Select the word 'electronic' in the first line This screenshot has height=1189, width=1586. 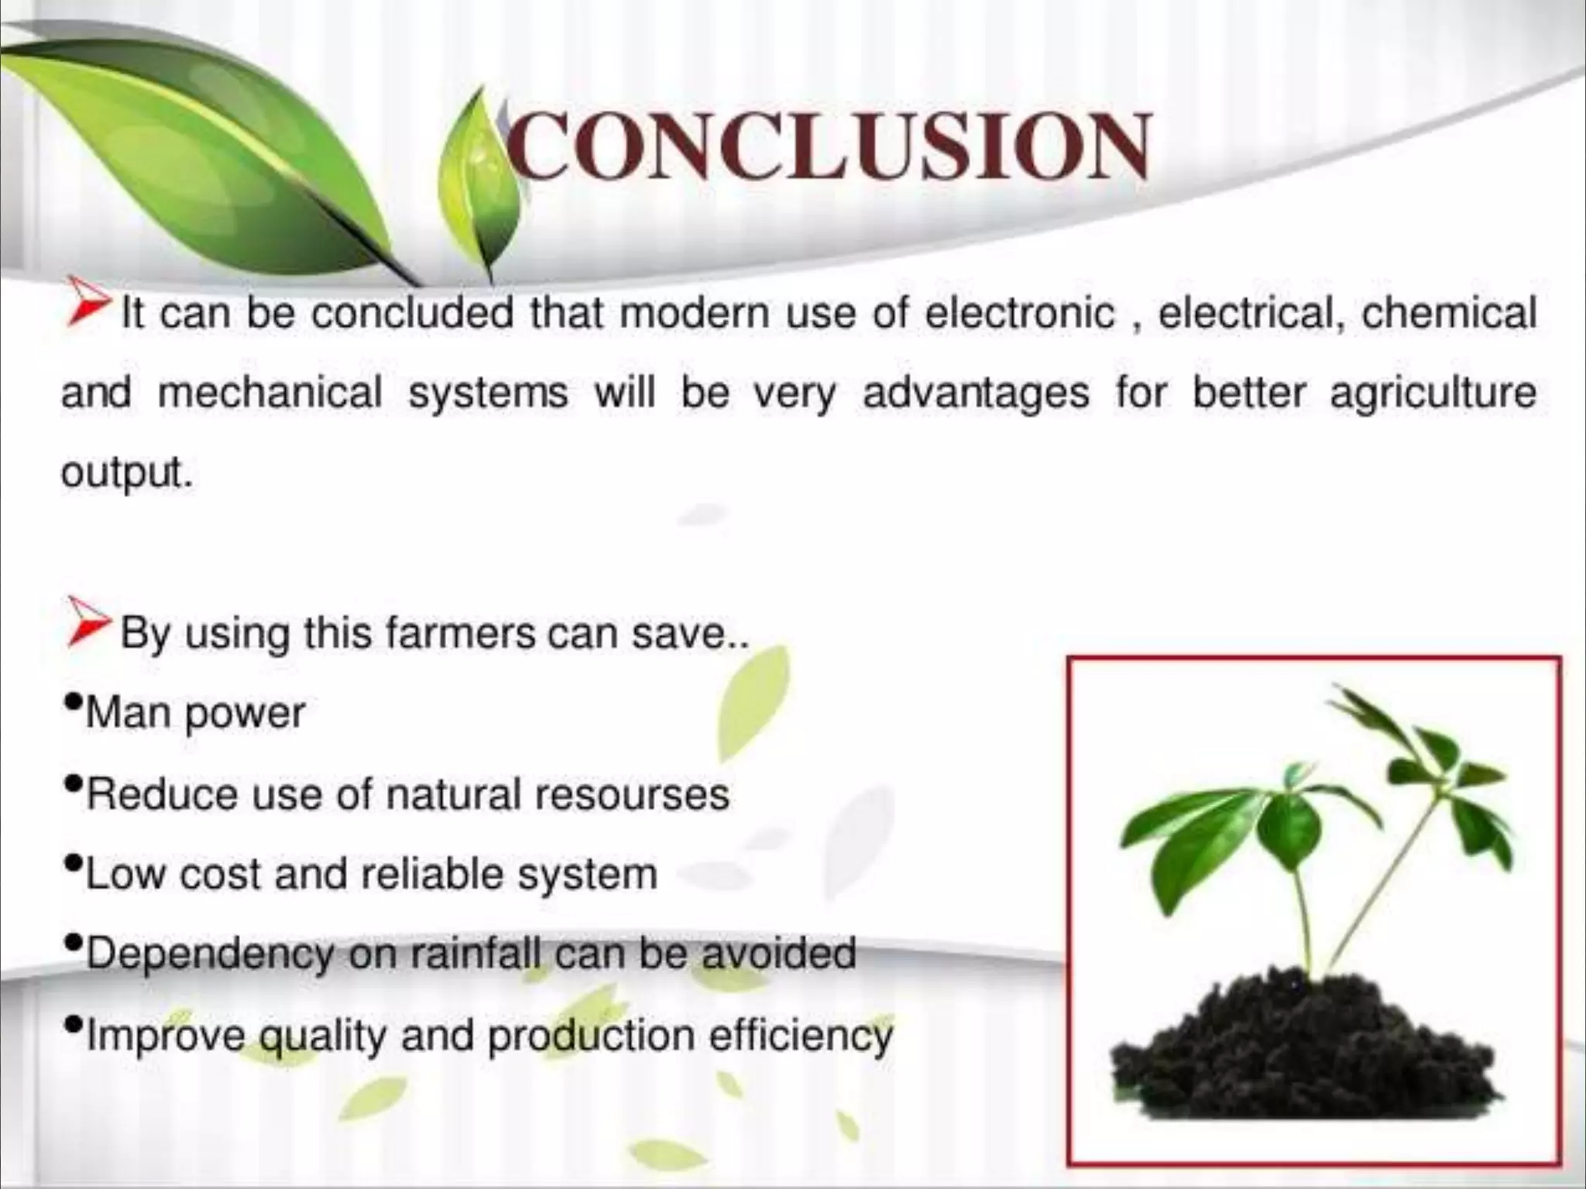1021,314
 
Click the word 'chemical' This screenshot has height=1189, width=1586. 1449,314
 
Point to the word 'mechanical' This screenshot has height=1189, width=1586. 270,392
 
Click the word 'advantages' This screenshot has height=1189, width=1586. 976,394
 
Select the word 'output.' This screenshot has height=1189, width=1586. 126,472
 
